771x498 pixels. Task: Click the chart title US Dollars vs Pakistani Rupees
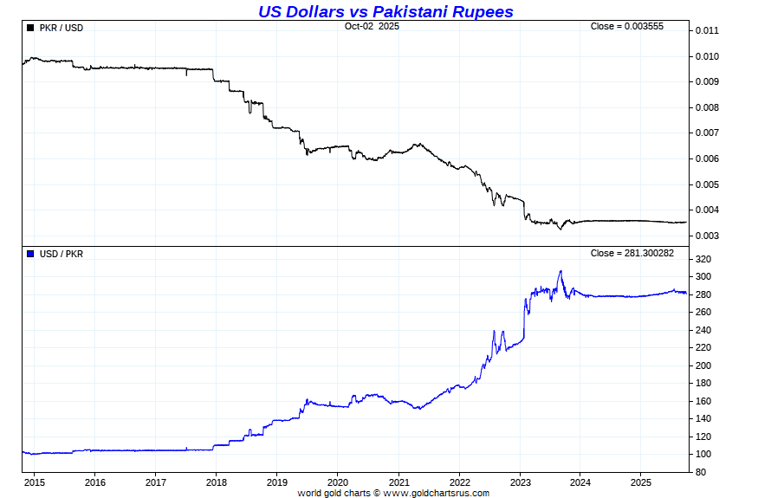[385, 11]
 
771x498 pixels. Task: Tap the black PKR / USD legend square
[30, 28]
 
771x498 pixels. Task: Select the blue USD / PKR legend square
[30, 254]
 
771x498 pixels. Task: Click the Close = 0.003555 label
[626, 26]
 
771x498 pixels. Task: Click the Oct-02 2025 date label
[372, 26]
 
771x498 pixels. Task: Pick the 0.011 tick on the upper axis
[707, 31]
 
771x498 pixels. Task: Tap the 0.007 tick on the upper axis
[707, 133]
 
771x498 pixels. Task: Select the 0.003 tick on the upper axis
[707, 236]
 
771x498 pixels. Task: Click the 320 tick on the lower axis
[703, 260]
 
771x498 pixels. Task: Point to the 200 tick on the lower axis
[703, 365]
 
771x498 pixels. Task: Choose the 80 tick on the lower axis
[701, 472]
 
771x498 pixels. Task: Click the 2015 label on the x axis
[35, 482]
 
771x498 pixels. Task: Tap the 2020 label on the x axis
[338, 482]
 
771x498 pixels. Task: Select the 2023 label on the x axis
[520, 482]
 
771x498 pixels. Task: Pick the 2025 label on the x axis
[640, 482]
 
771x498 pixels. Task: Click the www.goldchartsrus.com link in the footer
[436, 494]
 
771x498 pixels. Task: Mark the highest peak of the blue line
[560, 271]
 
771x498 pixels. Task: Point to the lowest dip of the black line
[560, 229]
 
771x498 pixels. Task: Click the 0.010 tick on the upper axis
[707, 56]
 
